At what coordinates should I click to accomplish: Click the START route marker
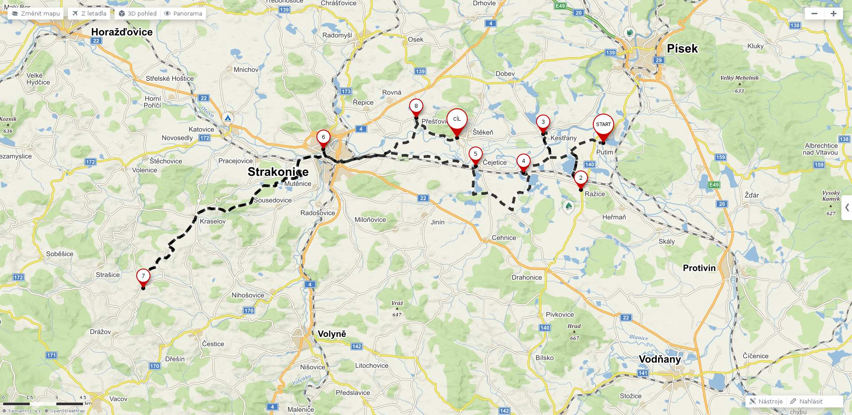point(603,125)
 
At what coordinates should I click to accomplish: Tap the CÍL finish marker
point(457,119)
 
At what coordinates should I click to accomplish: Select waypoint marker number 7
point(143,276)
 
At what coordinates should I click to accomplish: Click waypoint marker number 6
point(323,137)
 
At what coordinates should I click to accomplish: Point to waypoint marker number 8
point(416,106)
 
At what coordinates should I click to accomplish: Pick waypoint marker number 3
point(543,122)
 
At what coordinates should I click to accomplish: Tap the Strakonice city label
point(278,172)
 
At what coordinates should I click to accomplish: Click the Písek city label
point(682,49)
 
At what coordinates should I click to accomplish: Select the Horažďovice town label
point(122,32)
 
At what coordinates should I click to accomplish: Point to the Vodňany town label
point(659,359)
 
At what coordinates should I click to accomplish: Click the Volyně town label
point(331,334)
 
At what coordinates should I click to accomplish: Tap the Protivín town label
point(699,268)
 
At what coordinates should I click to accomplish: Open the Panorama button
point(183,14)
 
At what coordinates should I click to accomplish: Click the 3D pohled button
point(138,14)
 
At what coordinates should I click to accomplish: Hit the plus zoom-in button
point(833,14)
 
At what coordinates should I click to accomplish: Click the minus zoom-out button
point(814,14)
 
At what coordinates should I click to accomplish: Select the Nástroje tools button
point(766,401)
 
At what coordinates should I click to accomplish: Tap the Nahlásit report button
point(806,401)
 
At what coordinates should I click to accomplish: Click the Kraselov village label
point(213,221)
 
